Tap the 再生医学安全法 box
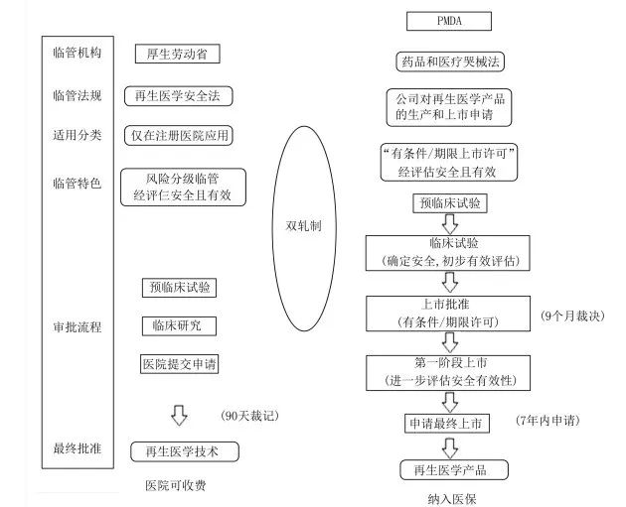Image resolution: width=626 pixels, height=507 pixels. [178, 96]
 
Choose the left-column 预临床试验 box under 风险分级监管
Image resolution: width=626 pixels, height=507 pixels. [179, 288]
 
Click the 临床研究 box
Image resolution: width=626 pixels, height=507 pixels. [179, 325]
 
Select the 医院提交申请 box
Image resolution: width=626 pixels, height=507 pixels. [179, 363]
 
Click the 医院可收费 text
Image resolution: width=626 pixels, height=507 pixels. [179, 485]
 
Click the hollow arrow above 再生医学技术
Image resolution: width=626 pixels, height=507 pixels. [180, 414]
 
